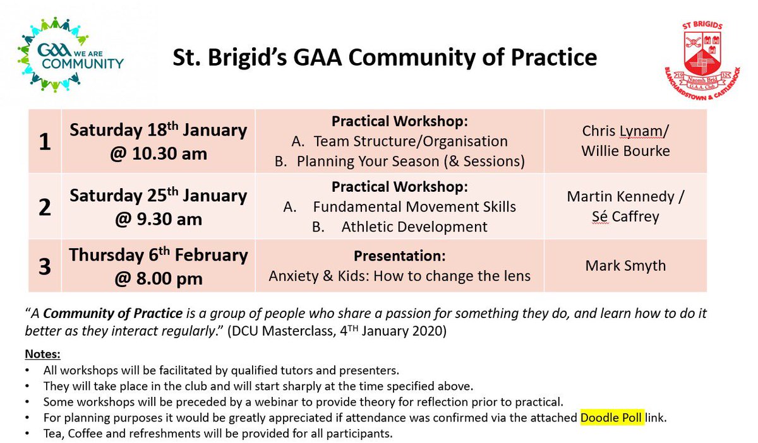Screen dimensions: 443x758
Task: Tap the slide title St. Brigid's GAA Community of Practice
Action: coord(385,58)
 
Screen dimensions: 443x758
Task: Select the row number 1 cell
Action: coord(44,141)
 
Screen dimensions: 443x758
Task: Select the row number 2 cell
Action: coord(44,207)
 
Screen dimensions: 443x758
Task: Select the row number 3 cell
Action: coord(44,266)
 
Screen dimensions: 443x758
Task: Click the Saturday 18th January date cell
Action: coord(158,141)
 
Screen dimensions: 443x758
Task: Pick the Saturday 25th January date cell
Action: coord(158,207)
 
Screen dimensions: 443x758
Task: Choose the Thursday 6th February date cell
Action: coord(158,266)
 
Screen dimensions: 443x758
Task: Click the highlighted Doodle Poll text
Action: coord(612,417)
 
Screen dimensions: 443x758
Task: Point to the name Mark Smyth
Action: coord(625,266)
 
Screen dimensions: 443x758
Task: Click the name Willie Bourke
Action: coord(625,151)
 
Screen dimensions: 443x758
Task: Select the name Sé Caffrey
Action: coord(625,218)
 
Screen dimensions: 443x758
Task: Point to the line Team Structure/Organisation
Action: coord(411,141)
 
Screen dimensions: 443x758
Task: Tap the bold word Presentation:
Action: coord(399,257)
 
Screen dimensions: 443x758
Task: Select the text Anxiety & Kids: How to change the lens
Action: coord(400,276)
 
